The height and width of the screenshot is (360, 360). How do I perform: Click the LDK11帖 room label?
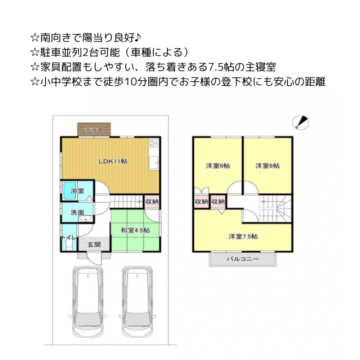[113, 161]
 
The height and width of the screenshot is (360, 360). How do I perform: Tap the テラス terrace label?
[94, 130]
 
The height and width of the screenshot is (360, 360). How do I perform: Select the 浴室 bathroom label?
[78, 191]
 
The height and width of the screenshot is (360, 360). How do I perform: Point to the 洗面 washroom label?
[77, 212]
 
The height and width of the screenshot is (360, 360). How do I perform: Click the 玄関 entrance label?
[94, 244]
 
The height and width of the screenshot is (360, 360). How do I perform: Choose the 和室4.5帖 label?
[135, 230]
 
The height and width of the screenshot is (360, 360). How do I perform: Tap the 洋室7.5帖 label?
[243, 236]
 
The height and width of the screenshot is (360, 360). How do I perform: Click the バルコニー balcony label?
[243, 259]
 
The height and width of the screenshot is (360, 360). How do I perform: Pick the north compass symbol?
[301, 123]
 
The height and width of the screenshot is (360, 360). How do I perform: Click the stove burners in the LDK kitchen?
[154, 143]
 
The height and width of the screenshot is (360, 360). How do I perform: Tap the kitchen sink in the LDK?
[154, 163]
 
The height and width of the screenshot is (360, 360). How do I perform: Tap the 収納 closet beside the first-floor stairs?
[152, 202]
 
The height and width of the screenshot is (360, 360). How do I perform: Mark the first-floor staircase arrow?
[126, 202]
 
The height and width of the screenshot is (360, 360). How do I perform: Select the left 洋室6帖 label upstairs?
[218, 166]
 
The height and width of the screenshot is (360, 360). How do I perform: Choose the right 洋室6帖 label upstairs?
[267, 166]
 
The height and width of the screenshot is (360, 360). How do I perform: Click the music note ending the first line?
[137, 37]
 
